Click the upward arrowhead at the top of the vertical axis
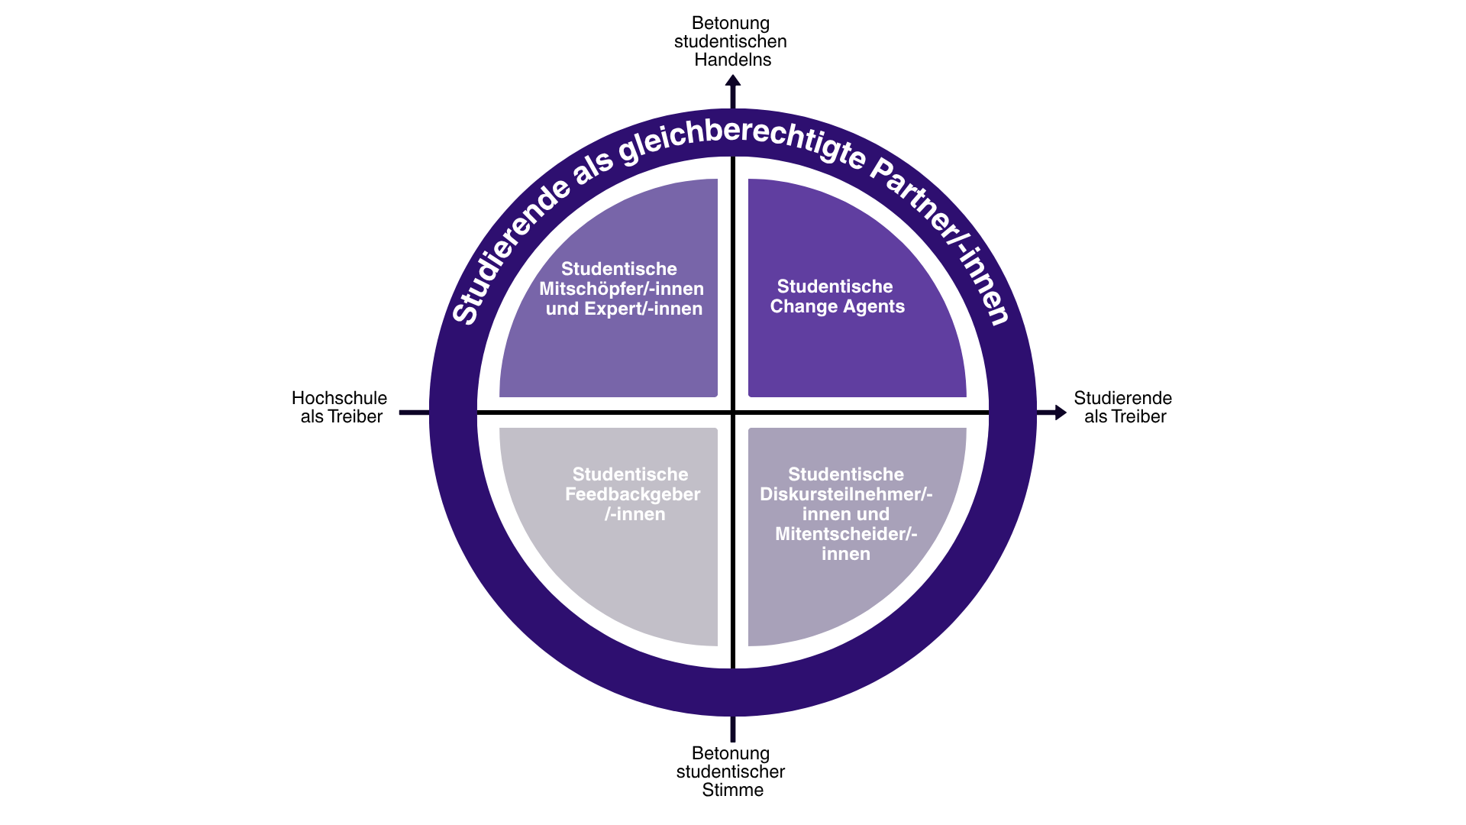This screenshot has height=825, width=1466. [x=733, y=81]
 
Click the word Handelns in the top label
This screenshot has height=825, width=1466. [x=732, y=60]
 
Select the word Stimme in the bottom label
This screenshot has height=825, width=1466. [x=732, y=790]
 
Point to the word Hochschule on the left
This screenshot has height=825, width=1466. [x=339, y=398]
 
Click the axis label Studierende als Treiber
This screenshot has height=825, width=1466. [x=1123, y=407]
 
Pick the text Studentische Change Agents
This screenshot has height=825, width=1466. [x=837, y=296]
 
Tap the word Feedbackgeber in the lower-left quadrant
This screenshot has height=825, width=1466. [x=632, y=494]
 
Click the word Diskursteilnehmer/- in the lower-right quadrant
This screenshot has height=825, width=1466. [x=846, y=494]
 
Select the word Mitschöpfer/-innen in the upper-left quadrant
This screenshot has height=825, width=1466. [x=622, y=289]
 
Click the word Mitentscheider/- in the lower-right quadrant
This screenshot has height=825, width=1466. [x=846, y=534]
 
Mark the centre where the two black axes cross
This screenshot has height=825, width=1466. [x=733, y=412]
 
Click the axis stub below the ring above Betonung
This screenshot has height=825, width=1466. [x=733, y=729]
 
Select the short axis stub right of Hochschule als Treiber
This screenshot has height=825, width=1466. [x=414, y=412]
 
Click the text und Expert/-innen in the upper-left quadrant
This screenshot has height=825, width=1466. [x=624, y=309]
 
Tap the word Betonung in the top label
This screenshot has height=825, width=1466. [x=731, y=23]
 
